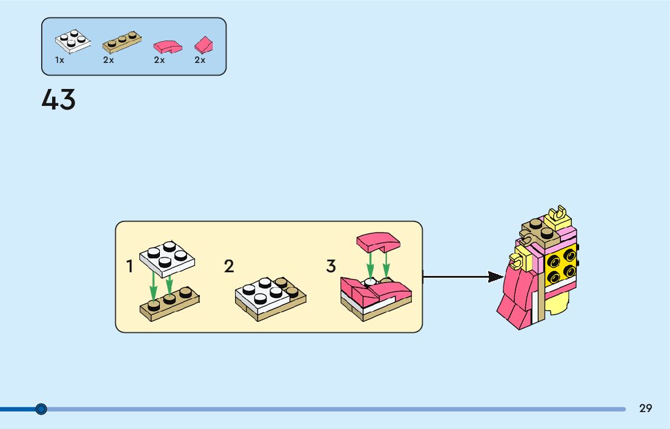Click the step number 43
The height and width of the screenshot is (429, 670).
(59, 100)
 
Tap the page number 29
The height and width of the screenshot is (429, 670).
(646, 408)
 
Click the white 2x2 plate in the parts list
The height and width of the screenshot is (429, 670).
(73, 40)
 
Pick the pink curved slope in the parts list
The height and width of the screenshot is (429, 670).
(168, 45)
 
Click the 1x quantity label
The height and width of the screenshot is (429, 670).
(59, 61)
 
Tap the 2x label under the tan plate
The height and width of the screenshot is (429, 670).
(108, 61)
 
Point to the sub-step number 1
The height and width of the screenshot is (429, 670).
(130, 266)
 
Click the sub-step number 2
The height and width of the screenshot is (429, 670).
(229, 266)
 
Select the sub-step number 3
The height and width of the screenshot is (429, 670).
(331, 266)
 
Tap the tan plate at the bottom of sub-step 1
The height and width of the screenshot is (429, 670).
(170, 301)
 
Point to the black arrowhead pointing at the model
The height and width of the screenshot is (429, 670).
(496, 277)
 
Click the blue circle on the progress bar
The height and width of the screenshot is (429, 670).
(41, 409)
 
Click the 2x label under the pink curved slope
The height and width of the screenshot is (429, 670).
(159, 61)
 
